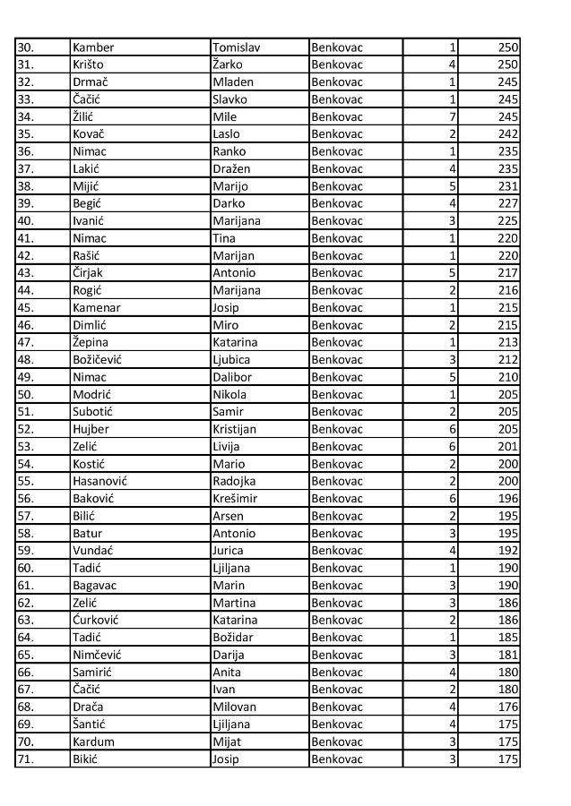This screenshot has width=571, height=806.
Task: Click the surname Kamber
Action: coord(93,47)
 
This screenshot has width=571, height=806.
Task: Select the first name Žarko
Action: coord(228,64)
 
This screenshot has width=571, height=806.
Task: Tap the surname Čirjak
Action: coord(91,272)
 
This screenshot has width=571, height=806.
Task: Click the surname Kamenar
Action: coord(96,307)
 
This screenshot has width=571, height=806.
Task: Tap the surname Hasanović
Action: coord(99,481)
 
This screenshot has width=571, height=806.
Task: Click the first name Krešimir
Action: coord(235,498)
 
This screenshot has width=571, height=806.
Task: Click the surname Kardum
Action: coord(93,742)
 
